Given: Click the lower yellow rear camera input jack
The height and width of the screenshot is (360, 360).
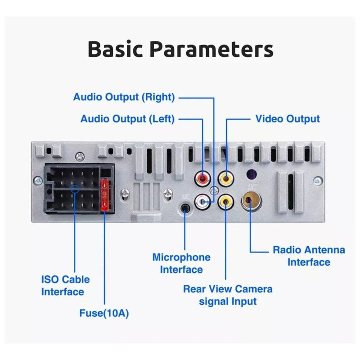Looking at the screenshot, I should (x=225, y=201).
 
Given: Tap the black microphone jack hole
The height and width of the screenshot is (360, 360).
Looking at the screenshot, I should (x=184, y=208).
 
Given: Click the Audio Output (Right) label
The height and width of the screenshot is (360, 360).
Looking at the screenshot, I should (x=124, y=97).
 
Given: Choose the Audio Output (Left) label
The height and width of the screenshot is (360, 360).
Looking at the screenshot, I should (x=127, y=119).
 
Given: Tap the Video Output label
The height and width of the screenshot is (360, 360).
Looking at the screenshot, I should (x=288, y=119).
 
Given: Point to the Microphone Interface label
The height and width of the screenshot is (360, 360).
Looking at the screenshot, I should (x=181, y=263).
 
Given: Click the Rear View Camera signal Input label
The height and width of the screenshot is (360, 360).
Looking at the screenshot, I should (x=228, y=295).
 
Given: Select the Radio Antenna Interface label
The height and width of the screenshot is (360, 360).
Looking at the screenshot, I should (x=309, y=256).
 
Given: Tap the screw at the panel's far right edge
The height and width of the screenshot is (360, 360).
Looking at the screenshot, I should (x=318, y=181).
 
